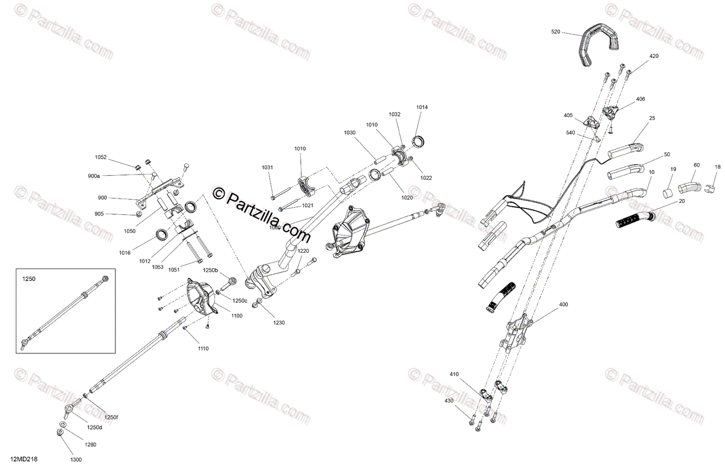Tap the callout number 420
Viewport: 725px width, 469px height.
pyautogui.click(x=654, y=56)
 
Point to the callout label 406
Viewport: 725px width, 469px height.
pyautogui.click(x=640, y=99)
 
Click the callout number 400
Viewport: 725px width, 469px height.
pyautogui.click(x=564, y=304)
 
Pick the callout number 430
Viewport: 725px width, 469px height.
pyautogui.click(x=449, y=401)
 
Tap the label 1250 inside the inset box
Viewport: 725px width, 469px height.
pyautogui.click(x=29, y=280)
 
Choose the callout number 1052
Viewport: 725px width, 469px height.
pyautogui.click(x=100, y=158)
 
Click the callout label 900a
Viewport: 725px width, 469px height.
pyautogui.click(x=94, y=176)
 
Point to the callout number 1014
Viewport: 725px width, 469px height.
pyautogui.click(x=422, y=107)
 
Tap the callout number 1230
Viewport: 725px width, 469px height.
pyautogui.click(x=279, y=322)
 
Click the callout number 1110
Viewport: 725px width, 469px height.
pyautogui.click(x=202, y=349)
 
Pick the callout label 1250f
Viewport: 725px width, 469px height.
pyautogui.click(x=112, y=416)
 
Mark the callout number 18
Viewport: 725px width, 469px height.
pyautogui.click(x=718, y=167)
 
